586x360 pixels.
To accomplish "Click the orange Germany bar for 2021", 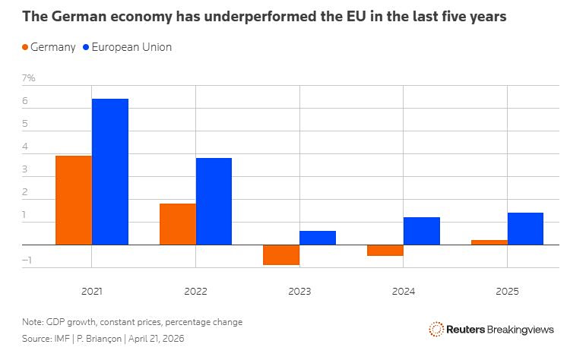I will click(73, 201).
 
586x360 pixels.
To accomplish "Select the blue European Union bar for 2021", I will click(109, 172).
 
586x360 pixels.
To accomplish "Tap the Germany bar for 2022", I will click(177, 224).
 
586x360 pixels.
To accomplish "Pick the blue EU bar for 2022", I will click(214, 201).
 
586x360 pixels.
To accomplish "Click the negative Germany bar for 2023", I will click(281, 255).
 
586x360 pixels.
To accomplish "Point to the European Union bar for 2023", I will click(318, 238).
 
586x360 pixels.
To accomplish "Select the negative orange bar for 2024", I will click(385, 251).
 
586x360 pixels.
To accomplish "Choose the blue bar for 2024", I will click(422, 231).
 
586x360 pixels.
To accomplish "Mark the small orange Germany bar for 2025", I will click(489, 242).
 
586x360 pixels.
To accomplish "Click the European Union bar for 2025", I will click(525, 229).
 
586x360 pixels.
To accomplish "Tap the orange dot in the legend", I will click(26, 47).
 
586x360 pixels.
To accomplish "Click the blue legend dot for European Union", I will click(86, 47).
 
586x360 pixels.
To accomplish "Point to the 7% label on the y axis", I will click(29, 78).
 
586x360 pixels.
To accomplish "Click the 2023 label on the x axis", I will click(299, 291).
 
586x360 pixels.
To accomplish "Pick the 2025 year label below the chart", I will click(507, 291).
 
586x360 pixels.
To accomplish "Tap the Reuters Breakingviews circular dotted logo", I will click(436, 329).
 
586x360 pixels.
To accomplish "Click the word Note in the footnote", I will click(33, 322).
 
